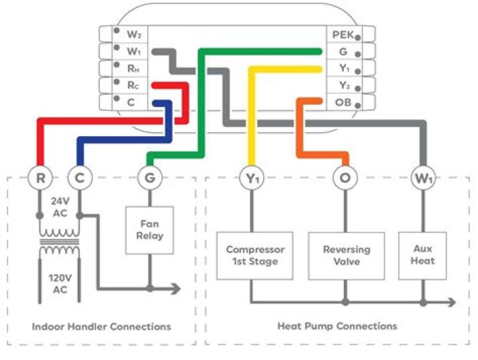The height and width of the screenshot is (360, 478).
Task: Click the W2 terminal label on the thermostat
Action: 133,33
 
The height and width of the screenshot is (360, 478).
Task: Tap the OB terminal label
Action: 343,102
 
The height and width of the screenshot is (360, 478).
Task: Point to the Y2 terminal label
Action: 344,85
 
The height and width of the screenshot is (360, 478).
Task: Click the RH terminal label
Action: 133,68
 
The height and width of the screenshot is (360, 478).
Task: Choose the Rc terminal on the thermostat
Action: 133,85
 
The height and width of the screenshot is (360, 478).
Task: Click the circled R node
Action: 40,178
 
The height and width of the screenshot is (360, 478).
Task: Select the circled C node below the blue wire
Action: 79,178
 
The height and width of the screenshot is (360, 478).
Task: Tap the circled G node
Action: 149,178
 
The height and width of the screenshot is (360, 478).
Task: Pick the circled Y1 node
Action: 252,178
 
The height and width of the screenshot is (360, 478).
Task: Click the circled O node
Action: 345,178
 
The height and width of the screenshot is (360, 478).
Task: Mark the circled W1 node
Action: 423,178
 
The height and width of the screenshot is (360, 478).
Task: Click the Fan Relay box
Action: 149,230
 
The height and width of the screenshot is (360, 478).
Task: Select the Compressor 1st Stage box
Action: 255,255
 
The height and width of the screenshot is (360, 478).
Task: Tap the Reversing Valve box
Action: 346,255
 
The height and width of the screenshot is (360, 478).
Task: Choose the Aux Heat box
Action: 422,255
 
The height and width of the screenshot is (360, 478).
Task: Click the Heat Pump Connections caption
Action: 337,326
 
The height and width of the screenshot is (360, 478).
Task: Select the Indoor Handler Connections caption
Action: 101,326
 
